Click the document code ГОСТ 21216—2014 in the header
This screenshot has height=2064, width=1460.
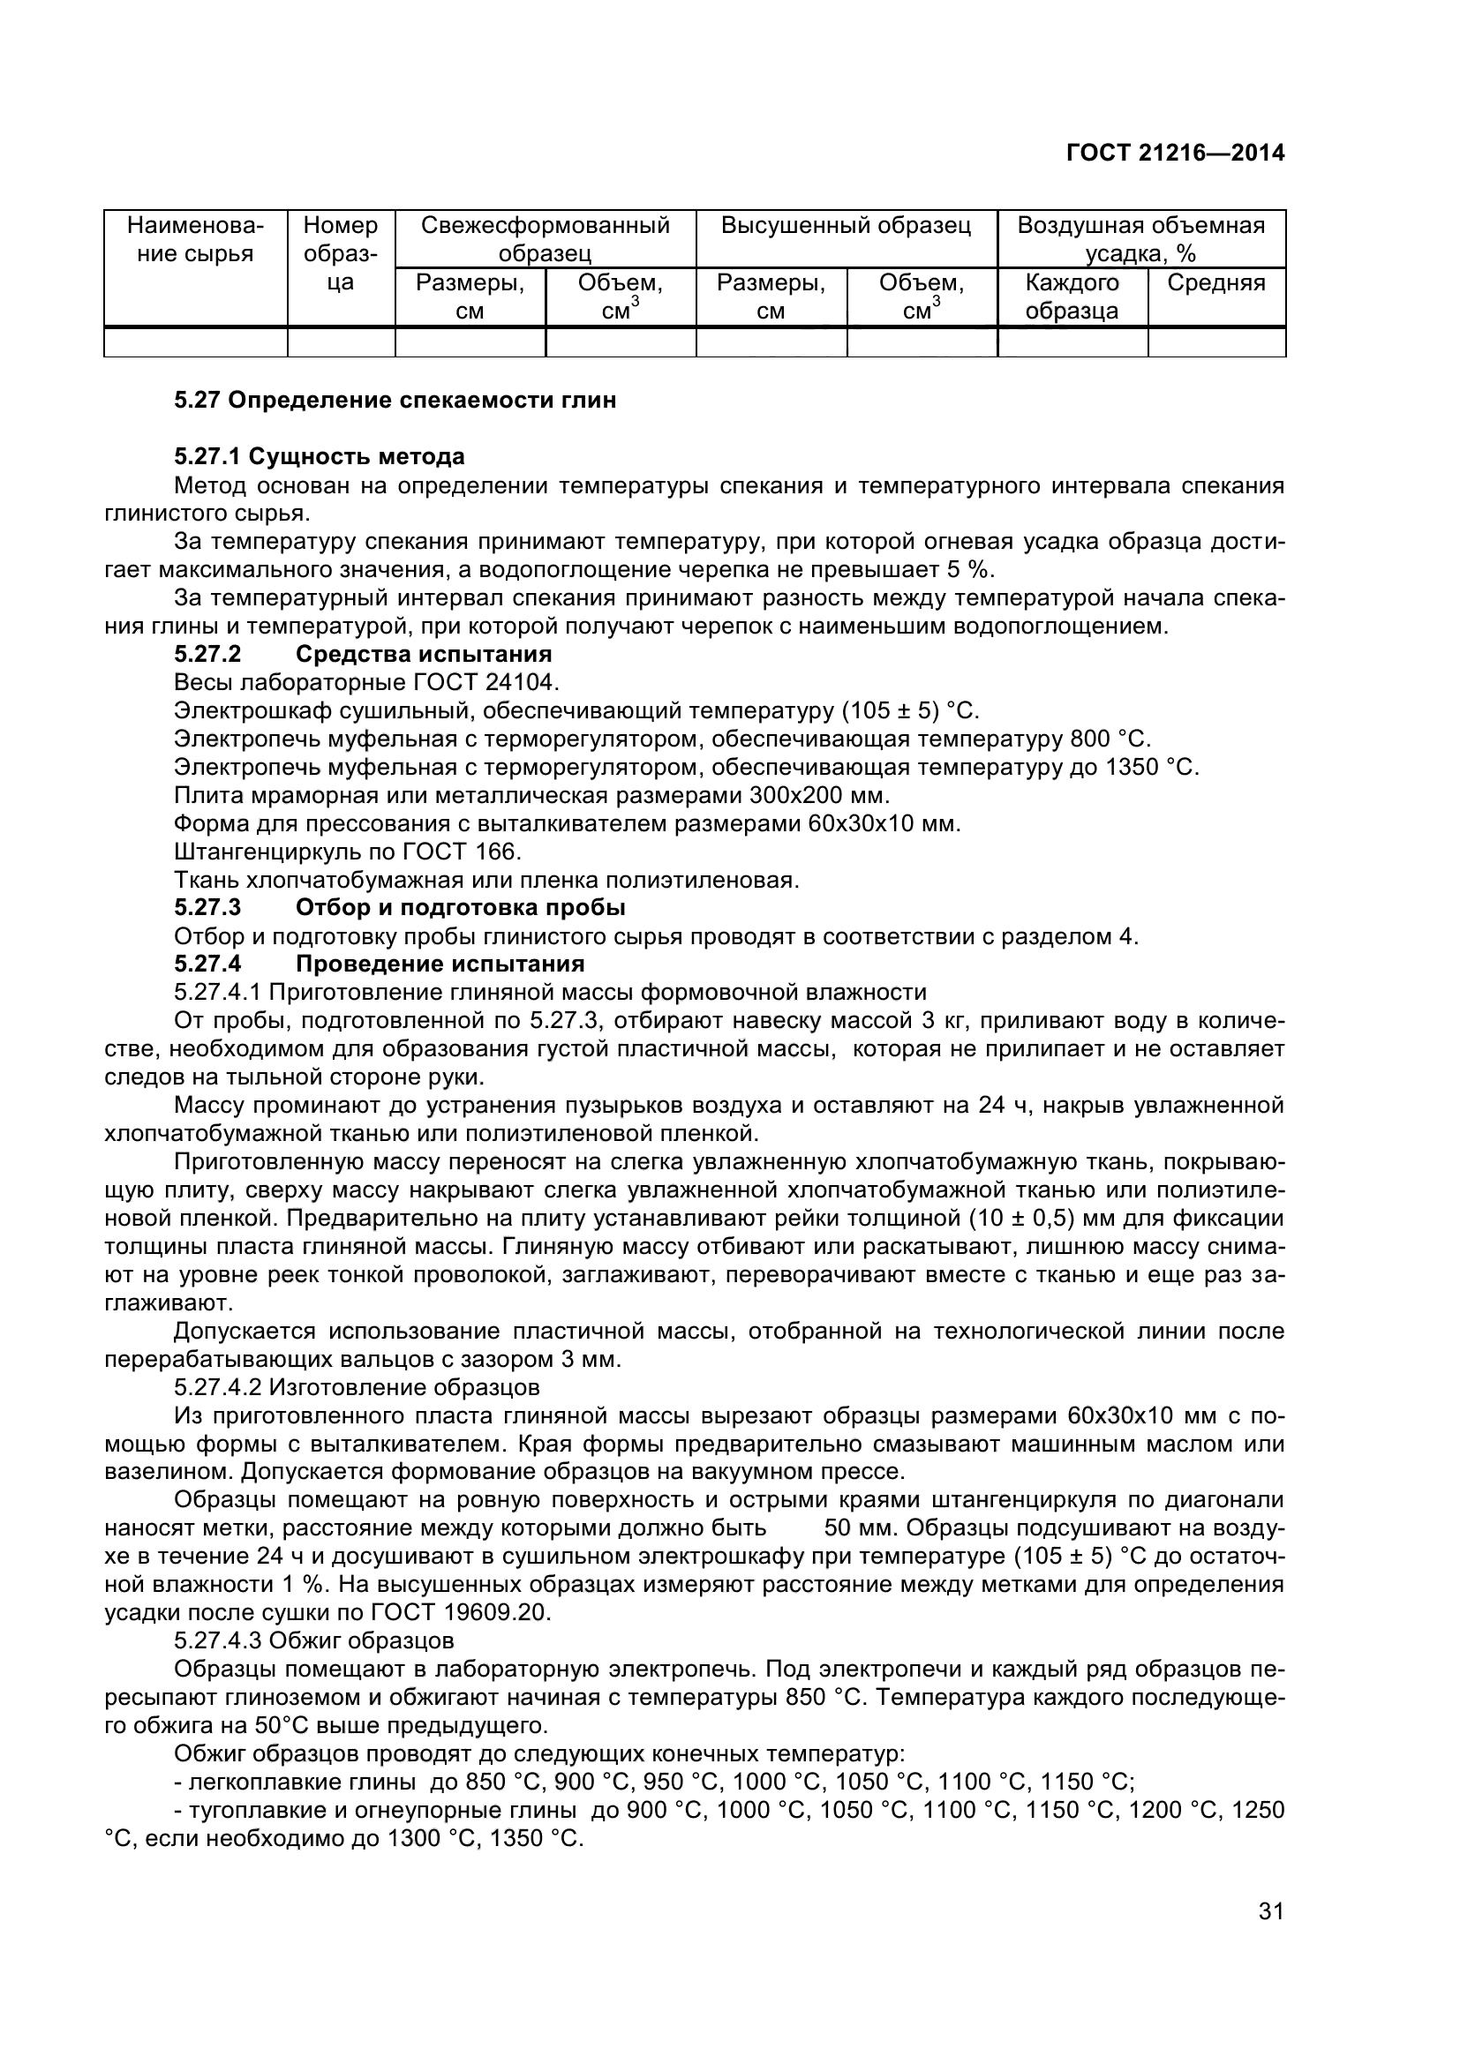pos(1175,154)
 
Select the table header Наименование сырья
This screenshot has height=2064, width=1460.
pos(195,239)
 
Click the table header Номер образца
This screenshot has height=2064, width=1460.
pos(341,253)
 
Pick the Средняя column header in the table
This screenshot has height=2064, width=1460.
pos(1215,283)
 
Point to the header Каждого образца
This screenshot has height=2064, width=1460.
pos(1072,296)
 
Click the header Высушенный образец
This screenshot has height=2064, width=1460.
pos(846,226)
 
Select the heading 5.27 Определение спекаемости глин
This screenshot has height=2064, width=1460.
pos(395,401)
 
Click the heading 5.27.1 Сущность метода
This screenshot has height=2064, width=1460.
pos(320,457)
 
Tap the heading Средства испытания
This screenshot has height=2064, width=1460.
pos(424,654)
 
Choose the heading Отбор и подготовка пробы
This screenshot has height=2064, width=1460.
pos(460,907)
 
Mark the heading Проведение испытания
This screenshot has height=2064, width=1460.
pos(440,964)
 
